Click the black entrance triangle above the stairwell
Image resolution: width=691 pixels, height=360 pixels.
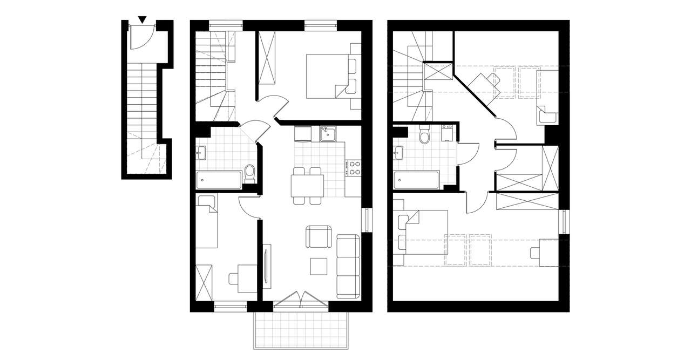(142, 20)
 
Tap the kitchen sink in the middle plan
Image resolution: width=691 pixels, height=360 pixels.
(327, 133)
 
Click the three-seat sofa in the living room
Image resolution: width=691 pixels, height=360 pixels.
(348, 266)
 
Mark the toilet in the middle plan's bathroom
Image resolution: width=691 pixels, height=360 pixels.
(249, 173)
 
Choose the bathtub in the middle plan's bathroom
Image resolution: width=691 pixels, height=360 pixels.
(219, 180)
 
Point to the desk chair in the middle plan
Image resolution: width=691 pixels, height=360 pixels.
(235, 279)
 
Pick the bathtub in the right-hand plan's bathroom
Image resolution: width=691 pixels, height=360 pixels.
(416, 180)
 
